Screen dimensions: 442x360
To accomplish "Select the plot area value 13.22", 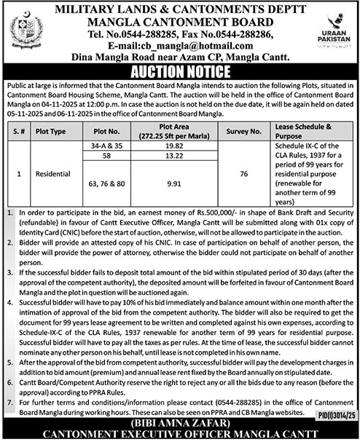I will (173, 156).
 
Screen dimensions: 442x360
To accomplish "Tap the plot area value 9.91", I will (173, 184).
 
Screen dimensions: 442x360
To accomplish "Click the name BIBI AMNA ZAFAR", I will (179, 423).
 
